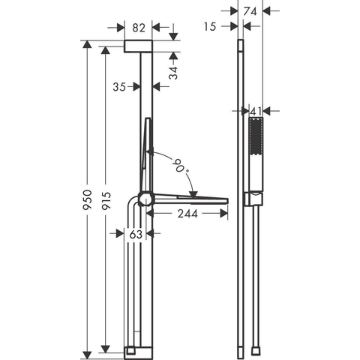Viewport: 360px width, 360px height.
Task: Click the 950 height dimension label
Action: (88, 199)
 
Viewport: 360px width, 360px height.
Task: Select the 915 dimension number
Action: (106, 200)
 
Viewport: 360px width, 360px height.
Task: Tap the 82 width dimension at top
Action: (139, 28)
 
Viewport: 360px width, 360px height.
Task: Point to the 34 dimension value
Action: (173, 73)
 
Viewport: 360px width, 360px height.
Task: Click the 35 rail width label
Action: (119, 87)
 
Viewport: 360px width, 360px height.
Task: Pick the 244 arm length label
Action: (187, 214)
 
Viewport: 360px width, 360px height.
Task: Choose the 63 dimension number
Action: (136, 234)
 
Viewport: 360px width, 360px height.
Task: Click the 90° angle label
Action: (181, 166)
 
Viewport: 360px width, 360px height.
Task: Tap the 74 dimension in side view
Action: (250, 11)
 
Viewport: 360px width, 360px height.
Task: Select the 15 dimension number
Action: (209, 27)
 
